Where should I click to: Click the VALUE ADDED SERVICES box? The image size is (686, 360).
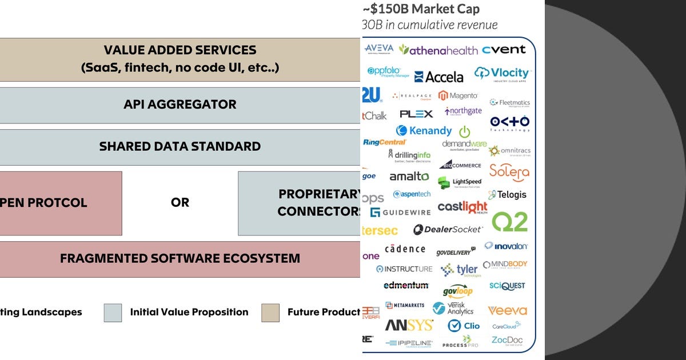pyautogui.click(x=180, y=59)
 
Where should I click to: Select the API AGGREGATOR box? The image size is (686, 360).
pyautogui.click(x=180, y=105)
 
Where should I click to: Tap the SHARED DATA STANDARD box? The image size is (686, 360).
pyautogui.click(x=180, y=147)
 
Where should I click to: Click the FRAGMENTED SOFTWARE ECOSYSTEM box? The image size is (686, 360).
pyautogui.click(x=180, y=259)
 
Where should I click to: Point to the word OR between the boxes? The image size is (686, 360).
pyautogui.click(x=180, y=203)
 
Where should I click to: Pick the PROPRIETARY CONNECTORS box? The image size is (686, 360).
pyautogui.click(x=300, y=203)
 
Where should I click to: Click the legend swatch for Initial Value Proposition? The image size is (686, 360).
pyautogui.click(x=113, y=313)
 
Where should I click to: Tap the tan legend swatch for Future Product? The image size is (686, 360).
pyautogui.click(x=270, y=313)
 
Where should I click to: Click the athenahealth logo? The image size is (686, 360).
pyautogui.click(x=438, y=50)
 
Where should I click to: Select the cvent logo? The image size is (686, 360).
pyautogui.click(x=504, y=50)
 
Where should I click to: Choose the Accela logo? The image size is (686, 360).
pyautogui.click(x=438, y=77)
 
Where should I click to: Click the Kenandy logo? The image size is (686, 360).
pyautogui.click(x=424, y=131)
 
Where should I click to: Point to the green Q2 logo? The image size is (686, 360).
pyautogui.click(x=509, y=222)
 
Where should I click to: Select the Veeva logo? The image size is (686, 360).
pyautogui.click(x=507, y=311)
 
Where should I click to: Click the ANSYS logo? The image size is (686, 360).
pyautogui.click(x=409, y=326)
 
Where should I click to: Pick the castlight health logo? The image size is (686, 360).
pyautogui.click(x=462, y=207)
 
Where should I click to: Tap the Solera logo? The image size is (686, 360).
pyautogui.click(x=509, y=171)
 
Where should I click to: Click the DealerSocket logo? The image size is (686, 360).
pyautogui.click(x=448, y=230)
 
